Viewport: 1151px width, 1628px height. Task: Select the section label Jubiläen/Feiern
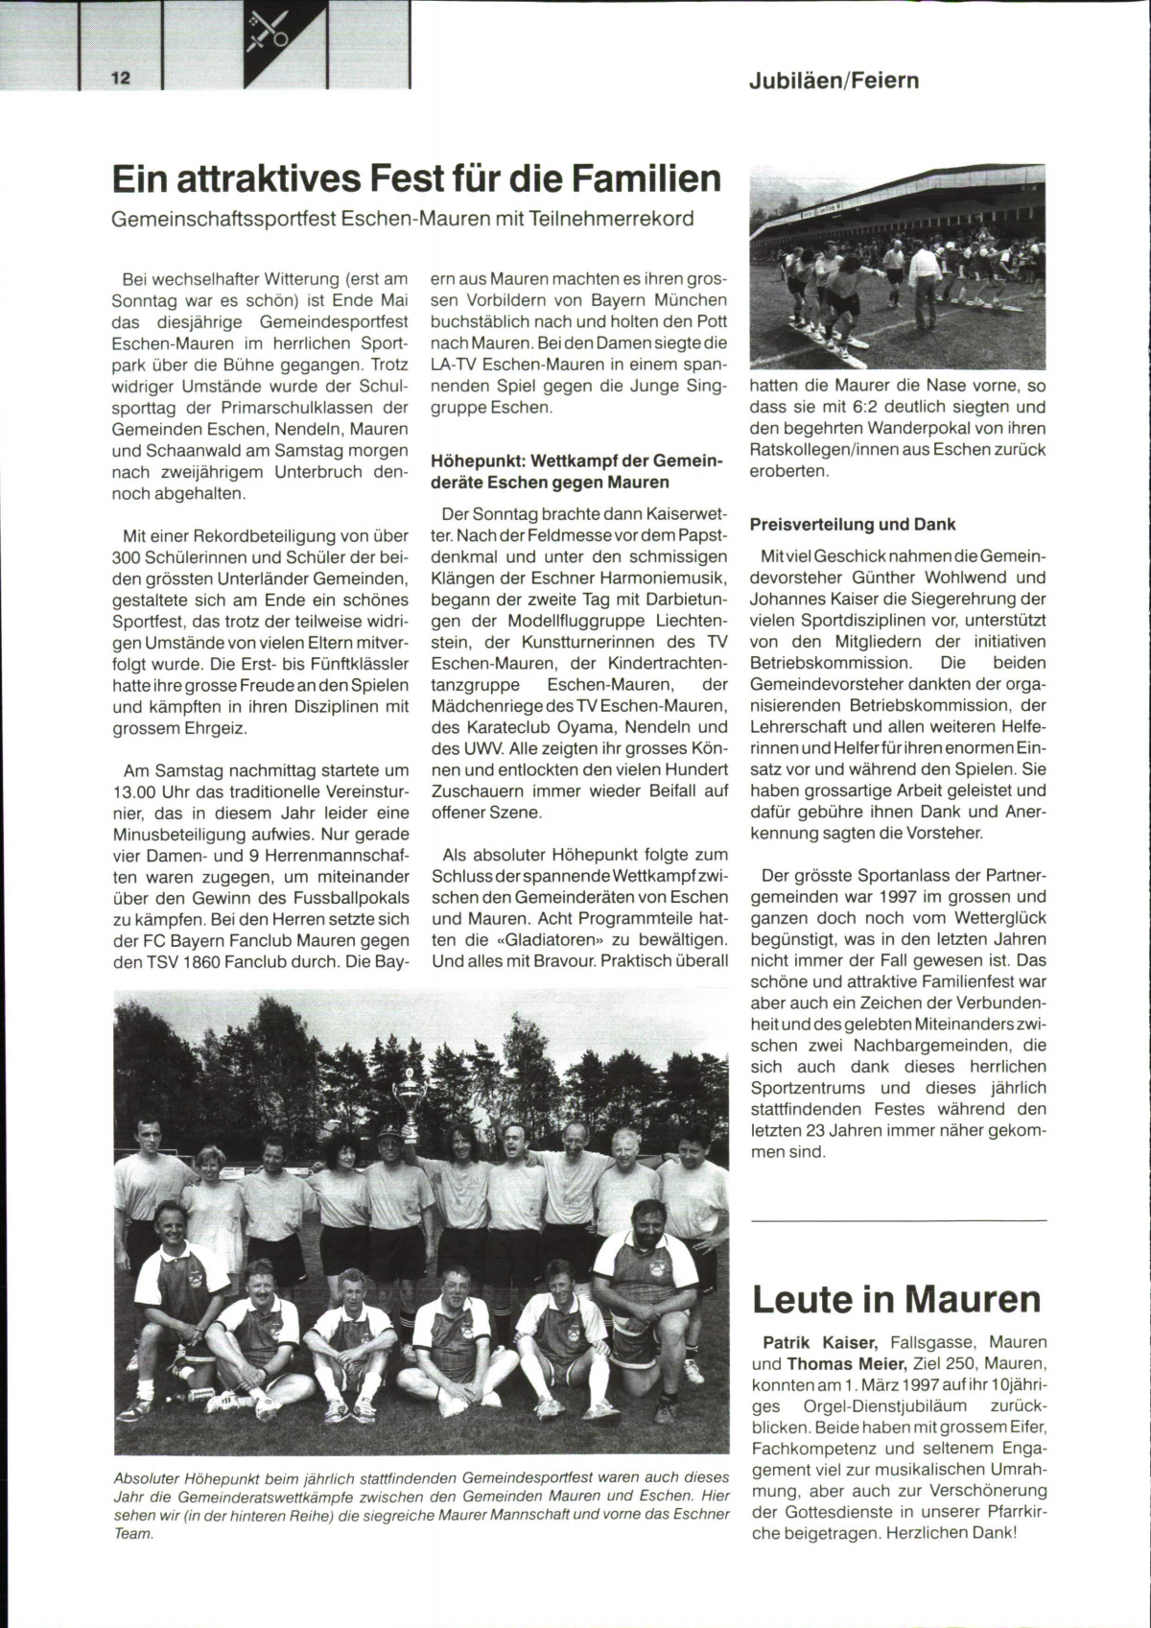coord(834,80)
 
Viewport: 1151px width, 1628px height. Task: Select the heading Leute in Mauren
coord(896,1298)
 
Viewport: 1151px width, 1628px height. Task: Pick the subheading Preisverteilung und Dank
coord(853,524)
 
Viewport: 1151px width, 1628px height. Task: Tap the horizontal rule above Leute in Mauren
coord(899,1220)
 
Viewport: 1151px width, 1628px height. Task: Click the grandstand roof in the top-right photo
coord(902,192)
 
